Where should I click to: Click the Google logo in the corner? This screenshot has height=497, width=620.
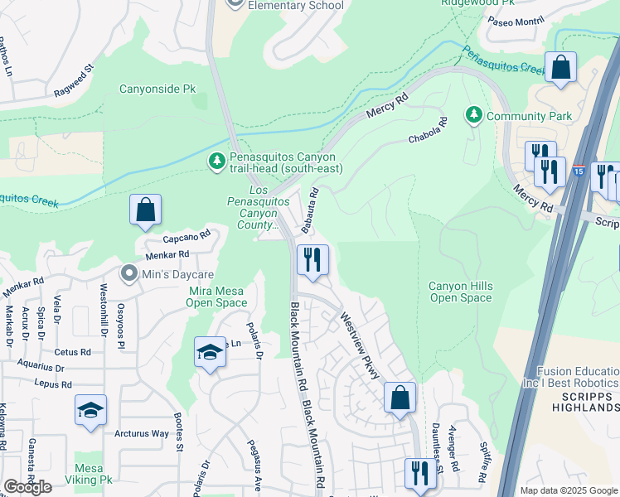[x=27, y=487]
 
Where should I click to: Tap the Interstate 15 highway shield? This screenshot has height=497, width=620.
[x=578, y=171]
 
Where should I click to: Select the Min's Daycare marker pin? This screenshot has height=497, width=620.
[x=128, y=273]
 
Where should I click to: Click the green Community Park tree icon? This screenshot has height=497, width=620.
[x=473, y=114]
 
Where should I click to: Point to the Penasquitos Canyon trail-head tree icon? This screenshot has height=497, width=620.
[x=216, y=160]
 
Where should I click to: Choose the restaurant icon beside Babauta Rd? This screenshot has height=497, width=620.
[x=312, y=260]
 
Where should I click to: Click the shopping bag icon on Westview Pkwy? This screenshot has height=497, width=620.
[x=400, y=398]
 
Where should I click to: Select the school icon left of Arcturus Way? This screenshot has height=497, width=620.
[x=90, y=410]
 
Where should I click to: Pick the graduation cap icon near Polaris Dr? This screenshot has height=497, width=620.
[x=210, y=353]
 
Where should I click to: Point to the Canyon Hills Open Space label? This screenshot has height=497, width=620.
[x=460, y=292]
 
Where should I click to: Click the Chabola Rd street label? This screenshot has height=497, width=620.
[x=428, y=130]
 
